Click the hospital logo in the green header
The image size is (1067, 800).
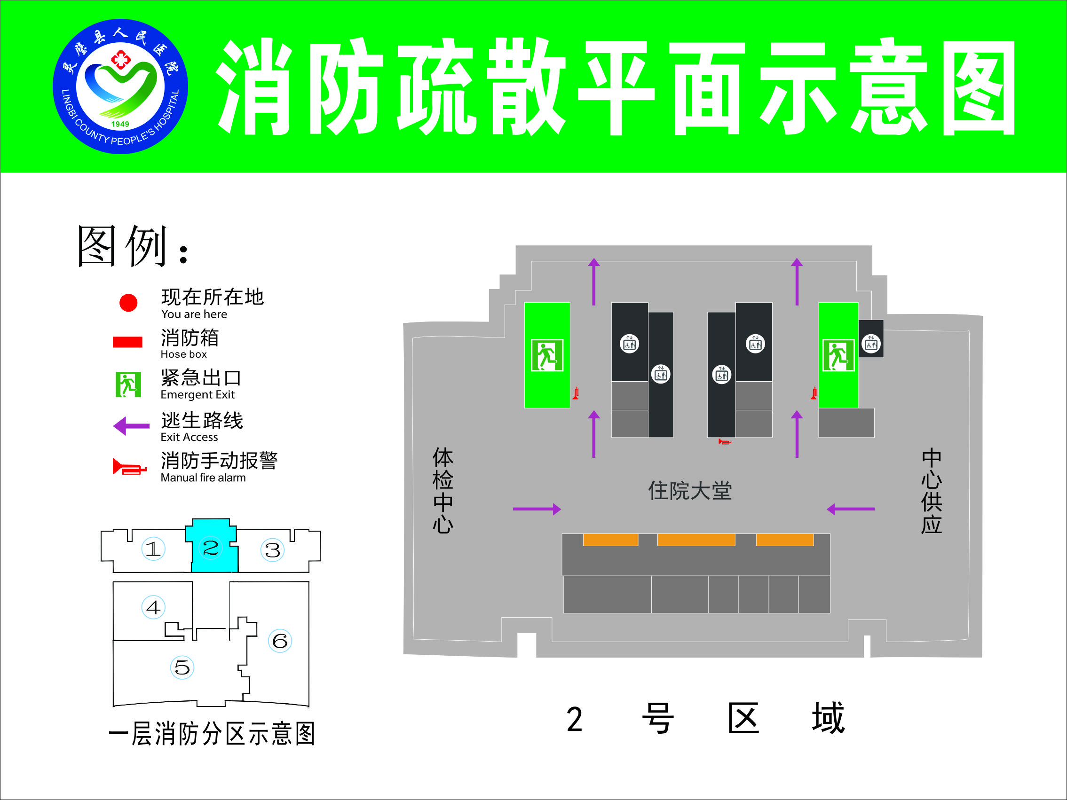(x=120, y=86)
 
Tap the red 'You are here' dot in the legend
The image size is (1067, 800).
(x=128, y=303)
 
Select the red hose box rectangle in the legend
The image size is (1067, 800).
(x=127, y=342)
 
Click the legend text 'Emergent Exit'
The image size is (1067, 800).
(x=198, y=394)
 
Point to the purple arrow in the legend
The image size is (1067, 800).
(x=131, y=426)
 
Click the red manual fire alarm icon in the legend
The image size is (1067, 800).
(x=129, y=467)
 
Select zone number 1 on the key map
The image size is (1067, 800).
(x=153, y=549)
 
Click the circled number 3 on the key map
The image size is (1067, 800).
(x=273, y=550)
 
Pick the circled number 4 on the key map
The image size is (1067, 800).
(x=153, y=607)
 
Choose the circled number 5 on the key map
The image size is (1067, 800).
(x=182, y=667)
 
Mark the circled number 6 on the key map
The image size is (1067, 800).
(x=280, y=641)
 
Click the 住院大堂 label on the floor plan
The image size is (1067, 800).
(x=689, y=491)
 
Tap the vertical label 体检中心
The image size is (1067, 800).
(x=443, y=490)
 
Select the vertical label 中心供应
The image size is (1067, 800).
(x=932, y=491)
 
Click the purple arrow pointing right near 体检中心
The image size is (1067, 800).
(x=537, y=509)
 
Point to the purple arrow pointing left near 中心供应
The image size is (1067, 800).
(x=850, y=509)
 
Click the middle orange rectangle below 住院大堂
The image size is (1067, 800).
(x=696, y=540)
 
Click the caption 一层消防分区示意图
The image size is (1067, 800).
(x=212, y=734)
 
